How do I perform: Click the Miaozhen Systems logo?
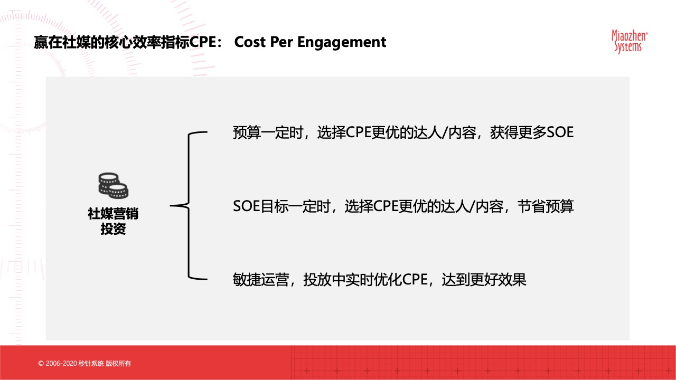pyautogui.click(x=630, y=42)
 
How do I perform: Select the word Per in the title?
pyautogui.click(x=281, y=42)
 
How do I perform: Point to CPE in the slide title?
pyautogui.click(x=203, y=42)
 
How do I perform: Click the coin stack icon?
pyautogui.click(x=114, y=185)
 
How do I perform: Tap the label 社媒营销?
pyautogui.click(x=113, y=214)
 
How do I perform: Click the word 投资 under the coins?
pyautogui.click(x=113, y=229)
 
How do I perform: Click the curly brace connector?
pyautogui.click(x=189, y=206)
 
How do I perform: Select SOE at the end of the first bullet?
pyautogui.click(x=560, y=132)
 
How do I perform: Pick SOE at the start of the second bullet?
pyautogui.click(x=246, y=206)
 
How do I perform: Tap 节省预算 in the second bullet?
pyautogui.click(x=546, y=206)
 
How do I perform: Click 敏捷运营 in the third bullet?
pyautogui.click(x=261, y=280)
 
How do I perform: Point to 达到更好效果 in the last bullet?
pyautogui.click(x=484, y=280)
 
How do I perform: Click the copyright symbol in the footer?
pyautogui.click(x=41, y=364)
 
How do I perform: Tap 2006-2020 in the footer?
pyautogui.click(x=61, y=364)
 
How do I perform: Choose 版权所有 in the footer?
pyautogui.click(x=118, y=364)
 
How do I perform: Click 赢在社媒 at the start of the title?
pyautogui.click(x=62, y=42)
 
